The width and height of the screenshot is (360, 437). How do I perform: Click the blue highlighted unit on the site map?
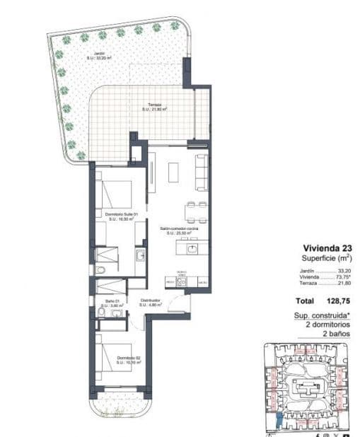pyautogui.click(x=279, y=421)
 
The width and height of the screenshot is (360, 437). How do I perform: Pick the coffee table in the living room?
pyautogui.click(x=175, y=170)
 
